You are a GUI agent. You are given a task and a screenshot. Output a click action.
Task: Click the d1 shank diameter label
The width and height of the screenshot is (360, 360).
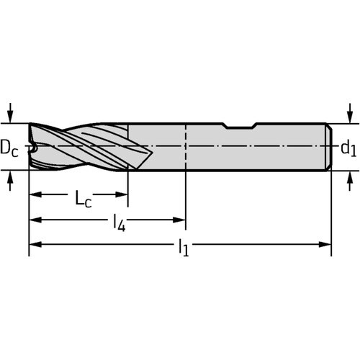[x=348, y=148]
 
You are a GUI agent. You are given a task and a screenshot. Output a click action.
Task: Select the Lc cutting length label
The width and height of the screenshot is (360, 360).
[x=84, y=198]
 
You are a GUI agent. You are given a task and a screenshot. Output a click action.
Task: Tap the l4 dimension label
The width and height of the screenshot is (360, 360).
[x=120, y=223]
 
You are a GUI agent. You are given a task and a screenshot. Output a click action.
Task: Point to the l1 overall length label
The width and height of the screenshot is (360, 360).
[x=184, y=248]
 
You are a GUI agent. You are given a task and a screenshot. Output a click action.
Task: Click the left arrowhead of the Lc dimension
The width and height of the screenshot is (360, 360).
[x=35, y=194]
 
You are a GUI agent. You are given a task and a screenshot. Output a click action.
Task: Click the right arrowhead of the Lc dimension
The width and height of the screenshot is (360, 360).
[x=122, y=194]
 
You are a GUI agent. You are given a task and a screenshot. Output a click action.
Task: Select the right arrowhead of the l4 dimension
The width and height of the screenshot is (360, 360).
[x=179, y=220]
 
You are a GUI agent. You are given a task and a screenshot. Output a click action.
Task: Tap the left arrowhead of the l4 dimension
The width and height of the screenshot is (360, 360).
[x=35, y=220]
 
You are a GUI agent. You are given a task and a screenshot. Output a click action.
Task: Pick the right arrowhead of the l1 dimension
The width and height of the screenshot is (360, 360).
[x=325, y=245]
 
